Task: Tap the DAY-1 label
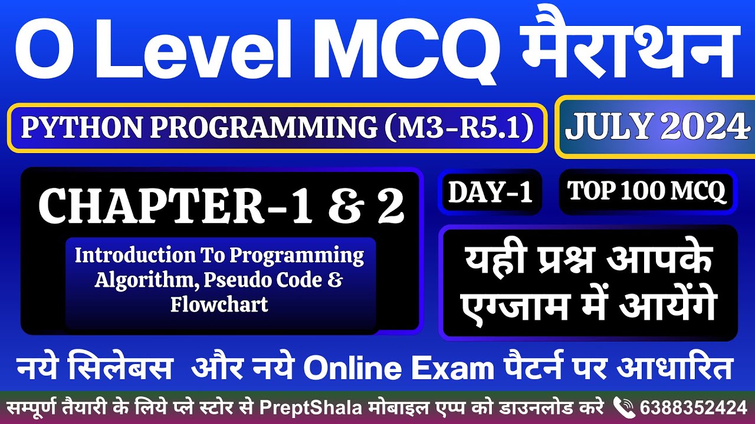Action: point(490,193)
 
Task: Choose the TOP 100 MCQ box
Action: point(646,191)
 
